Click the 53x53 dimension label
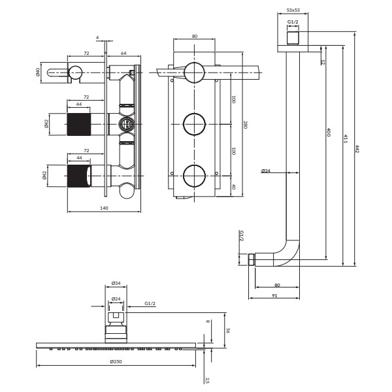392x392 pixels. tap(293, 10)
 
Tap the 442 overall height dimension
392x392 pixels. tap(357, 150)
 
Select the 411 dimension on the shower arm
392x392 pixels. tap(345, 139)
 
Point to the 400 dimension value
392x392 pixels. tap(329, 132)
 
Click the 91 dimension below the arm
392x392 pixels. tap(274, 295)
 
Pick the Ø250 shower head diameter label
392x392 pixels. tap(116, 361)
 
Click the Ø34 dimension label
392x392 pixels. tap(116, 284)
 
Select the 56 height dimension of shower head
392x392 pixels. tap(228, 331)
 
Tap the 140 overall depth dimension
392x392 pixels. tap(104, 208)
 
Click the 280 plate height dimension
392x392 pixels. tap(245, 125)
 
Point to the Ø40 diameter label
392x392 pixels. tap(38, 73)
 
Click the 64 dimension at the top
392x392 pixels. tap(123, 54)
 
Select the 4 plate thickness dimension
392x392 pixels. tap(97, 37)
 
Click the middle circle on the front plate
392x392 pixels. tap(194, 124)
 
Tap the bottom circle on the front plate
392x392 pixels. tap(194, 176)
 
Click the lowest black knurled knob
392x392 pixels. tap(79, 176)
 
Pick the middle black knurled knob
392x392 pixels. tap(79, 124)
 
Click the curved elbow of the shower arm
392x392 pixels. tap(287, 253)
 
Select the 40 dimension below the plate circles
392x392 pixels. tap(233, 187)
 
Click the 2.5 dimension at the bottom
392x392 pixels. tap(207, 380)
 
